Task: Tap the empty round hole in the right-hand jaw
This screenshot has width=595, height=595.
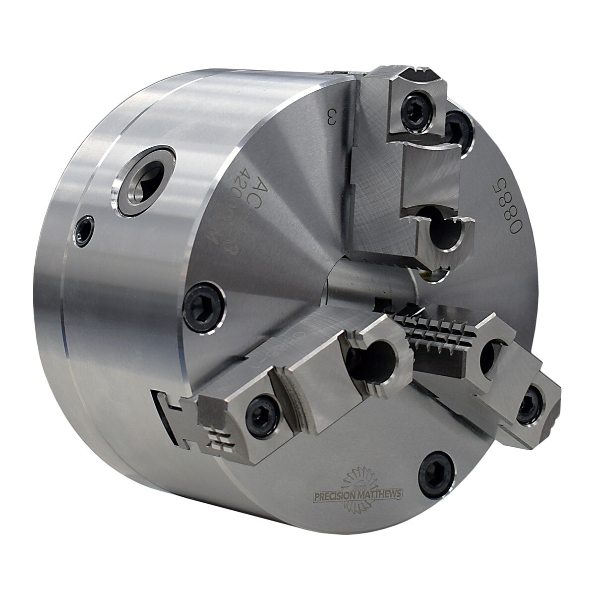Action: pos(491,355)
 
